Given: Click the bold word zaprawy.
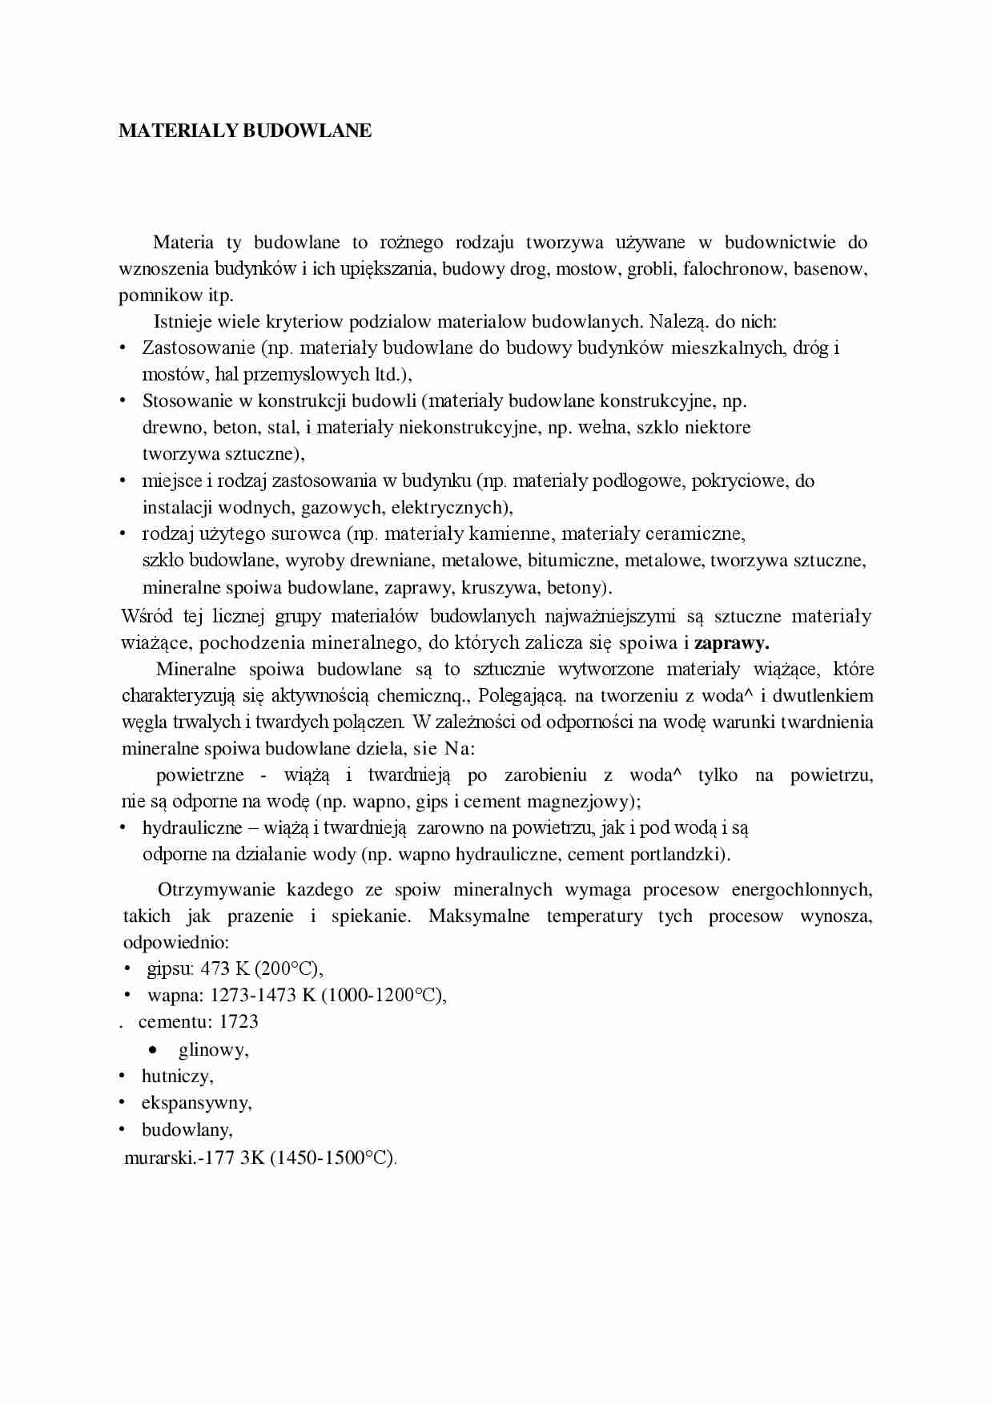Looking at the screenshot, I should (x=731, y=642).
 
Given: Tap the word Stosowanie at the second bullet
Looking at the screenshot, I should (x=187, y=401).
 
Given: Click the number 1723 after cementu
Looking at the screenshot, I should (x=238, y=1021).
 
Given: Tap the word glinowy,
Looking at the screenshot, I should (x=213, y=1049).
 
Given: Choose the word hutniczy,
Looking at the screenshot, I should (x=177, y=1076).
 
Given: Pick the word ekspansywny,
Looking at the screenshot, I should (x=196, y=1103).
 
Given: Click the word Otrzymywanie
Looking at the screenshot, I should (x=215, y=889).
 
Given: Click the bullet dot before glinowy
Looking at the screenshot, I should (x=152, y=1049).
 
